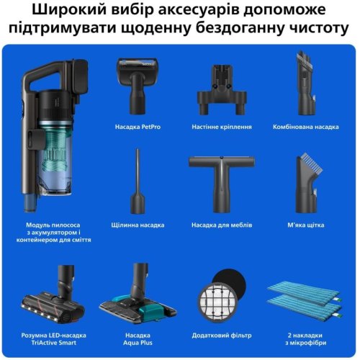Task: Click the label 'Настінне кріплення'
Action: [x=221, y=126]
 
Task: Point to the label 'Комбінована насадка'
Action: [x=305, y=126]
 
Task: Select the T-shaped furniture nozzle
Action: [x=221, y=180]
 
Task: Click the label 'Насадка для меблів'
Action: [x=221, y=225]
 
